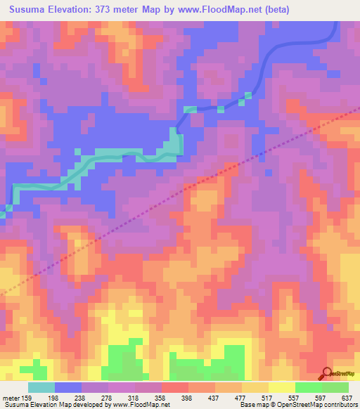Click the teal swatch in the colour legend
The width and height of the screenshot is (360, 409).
click(x=41, y=387)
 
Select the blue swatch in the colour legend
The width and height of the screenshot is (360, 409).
click(x=68, y=387)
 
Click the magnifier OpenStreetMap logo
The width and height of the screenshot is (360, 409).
click(x=328, y=374)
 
